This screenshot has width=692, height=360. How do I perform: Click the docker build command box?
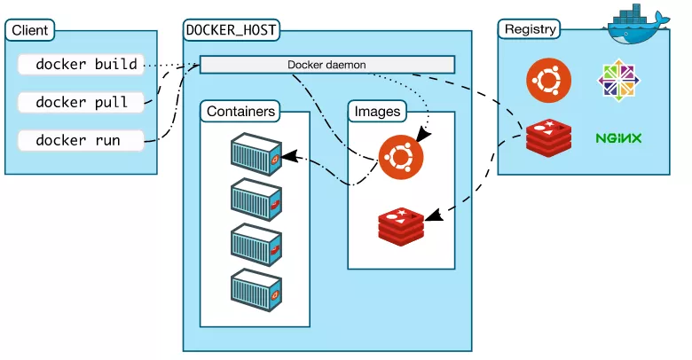click(x=81, y=65)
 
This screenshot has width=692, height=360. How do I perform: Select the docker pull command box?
click(x=81, y=102)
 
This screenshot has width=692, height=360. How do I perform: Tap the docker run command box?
click(x=81, y=140)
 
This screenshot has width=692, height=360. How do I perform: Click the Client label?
click(x=30, y=30)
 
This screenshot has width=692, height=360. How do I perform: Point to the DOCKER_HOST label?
click(x=232, y=30)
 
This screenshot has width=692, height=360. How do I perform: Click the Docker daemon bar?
click(x=327, y=65)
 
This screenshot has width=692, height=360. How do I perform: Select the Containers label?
click(x=240, y=111)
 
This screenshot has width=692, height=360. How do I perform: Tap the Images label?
click(x=377, y=111)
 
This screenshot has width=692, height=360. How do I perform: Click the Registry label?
click(x=530, y=29)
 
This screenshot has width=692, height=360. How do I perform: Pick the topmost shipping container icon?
click(x=256, y=154)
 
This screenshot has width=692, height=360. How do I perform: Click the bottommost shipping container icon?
click(x=256, y=290)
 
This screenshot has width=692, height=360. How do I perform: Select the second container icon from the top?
click(x=256, y=200)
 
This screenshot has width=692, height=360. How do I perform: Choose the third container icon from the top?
click(x=256, y=245)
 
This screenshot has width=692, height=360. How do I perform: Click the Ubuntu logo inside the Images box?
click(x=401, y=157)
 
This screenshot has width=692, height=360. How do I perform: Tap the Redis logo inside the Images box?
click(x=401, y=226)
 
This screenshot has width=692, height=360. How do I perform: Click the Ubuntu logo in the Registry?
click(x=548, y=81)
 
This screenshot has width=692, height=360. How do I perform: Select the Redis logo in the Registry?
click(x=548, y=137)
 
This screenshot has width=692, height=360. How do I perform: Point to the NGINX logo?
click(x=618, y=138)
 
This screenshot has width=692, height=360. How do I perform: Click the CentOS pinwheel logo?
click(x=618, y=81)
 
